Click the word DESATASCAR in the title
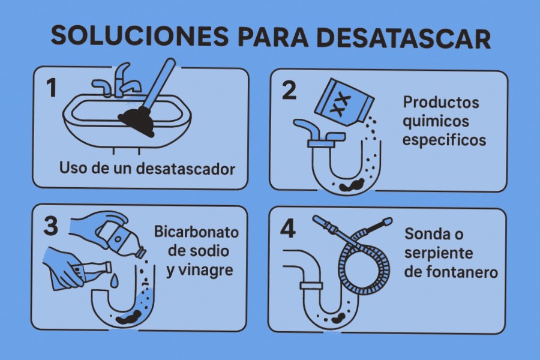pos(403,37)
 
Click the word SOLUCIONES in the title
pos(140,36)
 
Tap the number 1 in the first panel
pos(52,88)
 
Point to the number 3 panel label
pos(50,226)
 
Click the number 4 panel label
pos(288,229)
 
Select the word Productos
pos(441,103)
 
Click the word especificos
pos(444,140)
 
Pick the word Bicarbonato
pos(196,232)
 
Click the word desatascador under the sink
pos(185,169)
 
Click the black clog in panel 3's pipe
pos(128,317)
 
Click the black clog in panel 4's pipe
pos(338,319)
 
